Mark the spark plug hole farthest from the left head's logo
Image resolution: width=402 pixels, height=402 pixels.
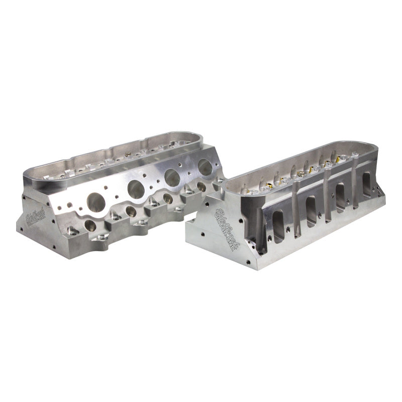[x=200, y=186]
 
